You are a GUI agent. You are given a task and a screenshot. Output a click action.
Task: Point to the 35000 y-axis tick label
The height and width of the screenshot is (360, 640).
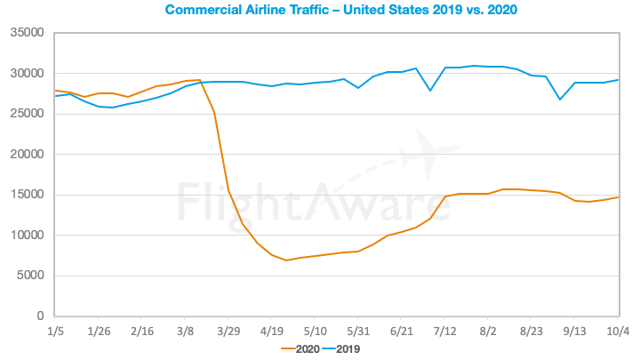27,33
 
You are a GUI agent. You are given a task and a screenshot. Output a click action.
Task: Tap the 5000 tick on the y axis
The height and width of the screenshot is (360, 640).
31,276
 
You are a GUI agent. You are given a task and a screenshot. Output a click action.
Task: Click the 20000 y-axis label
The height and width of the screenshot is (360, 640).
27,155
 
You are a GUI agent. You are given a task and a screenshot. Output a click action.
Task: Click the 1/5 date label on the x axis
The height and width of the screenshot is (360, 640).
55,331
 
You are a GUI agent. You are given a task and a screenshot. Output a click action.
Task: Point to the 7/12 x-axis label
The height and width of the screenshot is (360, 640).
444,331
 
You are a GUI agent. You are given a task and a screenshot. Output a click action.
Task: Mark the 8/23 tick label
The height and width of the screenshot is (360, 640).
531,331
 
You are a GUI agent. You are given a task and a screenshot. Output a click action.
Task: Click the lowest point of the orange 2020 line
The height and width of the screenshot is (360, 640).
286,260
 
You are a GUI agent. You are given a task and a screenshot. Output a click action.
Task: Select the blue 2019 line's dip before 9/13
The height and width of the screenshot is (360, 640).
560,99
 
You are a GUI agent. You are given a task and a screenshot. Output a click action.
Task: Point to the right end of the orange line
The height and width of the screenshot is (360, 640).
618,197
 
